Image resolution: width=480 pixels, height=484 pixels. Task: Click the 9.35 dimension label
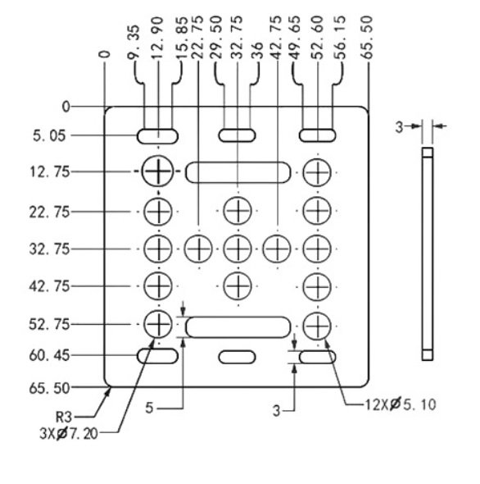click(x=134, y=42)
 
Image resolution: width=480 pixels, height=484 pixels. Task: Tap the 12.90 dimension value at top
click(x=157, y=38)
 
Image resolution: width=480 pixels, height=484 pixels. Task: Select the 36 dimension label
click(x=257, y=50)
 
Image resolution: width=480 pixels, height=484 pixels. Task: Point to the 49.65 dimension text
click(x=295, y=38)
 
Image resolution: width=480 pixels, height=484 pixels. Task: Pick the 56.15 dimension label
click(x=340, y=38)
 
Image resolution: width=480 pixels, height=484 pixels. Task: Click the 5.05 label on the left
click(x=49, y=136)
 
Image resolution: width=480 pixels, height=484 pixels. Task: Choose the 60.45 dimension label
click(x=49, y=355)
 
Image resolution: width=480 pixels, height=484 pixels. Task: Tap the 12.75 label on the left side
click(x=49, y=171)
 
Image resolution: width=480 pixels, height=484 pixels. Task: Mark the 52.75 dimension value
click(x=49, y=324)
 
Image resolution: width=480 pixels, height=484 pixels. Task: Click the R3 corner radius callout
click(x=64, y=418)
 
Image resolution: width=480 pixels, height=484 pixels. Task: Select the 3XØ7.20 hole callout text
click(x=69, y=434)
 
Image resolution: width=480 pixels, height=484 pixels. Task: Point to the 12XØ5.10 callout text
click(x=401, y=404)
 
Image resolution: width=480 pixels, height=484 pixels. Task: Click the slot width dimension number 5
click(x=149, y=408)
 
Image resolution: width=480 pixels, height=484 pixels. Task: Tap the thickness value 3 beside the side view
click(x=399, y=127)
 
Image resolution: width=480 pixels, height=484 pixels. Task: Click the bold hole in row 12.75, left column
click(x=158, y=171)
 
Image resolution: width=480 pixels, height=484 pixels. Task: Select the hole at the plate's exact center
click(x=238, y=249)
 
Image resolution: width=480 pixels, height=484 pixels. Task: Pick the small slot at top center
click(x=237, y=135)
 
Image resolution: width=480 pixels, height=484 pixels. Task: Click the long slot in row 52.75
click(x=238, y=326)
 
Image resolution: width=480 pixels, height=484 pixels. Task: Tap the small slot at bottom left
click(x=157, y=356)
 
